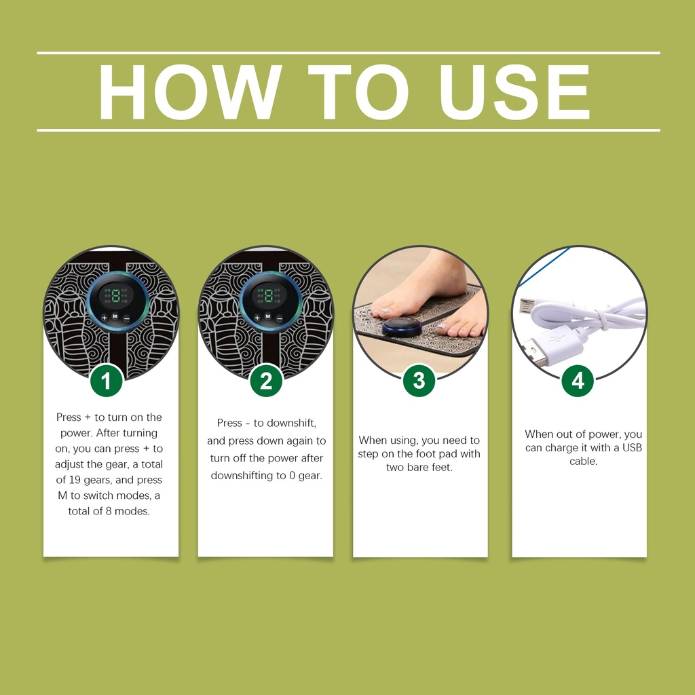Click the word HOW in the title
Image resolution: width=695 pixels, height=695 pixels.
coord(191,92)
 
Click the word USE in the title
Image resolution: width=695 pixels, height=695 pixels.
coord(514,92)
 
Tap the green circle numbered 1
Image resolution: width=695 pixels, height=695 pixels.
coord(107,381)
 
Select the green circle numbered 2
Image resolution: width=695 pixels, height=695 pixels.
coord(266,381)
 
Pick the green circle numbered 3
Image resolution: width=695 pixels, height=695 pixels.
coord(419,381)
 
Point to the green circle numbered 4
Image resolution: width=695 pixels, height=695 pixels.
coord(578,381)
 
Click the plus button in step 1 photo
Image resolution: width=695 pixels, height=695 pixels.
coord(105,318)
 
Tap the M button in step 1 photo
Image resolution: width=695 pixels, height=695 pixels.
coord(115,316)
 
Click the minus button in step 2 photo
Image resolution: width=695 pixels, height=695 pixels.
coord(279,318)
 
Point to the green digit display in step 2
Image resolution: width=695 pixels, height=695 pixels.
coord(268,296)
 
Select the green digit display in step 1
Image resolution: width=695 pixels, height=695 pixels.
coord(115,296)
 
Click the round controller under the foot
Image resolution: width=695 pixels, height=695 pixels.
coord(402,327)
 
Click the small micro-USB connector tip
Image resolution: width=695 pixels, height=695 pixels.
coord(527,306)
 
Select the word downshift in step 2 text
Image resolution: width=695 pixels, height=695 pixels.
coord(290,424)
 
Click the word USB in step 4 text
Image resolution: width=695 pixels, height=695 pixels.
coord(632,448)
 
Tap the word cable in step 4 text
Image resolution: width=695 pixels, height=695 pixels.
coord(582,462)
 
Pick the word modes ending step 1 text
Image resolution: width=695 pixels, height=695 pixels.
coord(132,512)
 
